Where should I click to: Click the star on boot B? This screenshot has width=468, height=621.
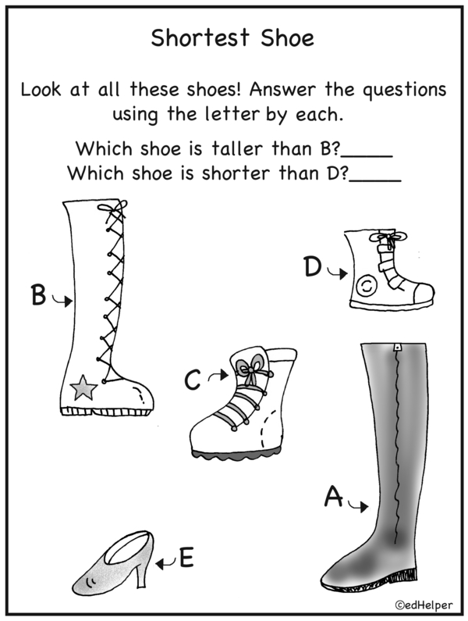pyautogui.click(x=83, y=388)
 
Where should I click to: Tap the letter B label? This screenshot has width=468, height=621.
pyautogui.click(x=38, y=295)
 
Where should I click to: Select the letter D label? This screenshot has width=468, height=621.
pyautogui.click(x=313, y=266)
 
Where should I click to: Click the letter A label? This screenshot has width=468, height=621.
pyautogui.click(x=334, y=497)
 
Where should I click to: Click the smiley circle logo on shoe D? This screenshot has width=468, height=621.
pyautogui.click(x=367, y=286)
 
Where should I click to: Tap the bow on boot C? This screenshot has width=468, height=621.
pyautogui.click(x=250, y=369)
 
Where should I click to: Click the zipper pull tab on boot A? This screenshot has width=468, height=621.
pyautogui.click(x=397, y=348)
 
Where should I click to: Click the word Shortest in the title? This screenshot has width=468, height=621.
pyautogui.click(x=200, y=38)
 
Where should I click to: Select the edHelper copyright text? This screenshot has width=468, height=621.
pyautogui.click(x=424, y=605)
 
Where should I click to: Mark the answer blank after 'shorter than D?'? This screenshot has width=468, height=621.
pyautogui.click(x=375, y=181)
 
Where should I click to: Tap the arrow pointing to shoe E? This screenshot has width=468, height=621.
pyautogui.click(x=166, y=562)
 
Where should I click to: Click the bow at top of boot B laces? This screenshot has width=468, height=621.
pyautogui.click(x=113, y=209)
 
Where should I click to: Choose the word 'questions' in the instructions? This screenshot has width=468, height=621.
pyautogui.click(x=404, y=91)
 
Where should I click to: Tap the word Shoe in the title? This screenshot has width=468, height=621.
pyautogui.click(x=287, y=38)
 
